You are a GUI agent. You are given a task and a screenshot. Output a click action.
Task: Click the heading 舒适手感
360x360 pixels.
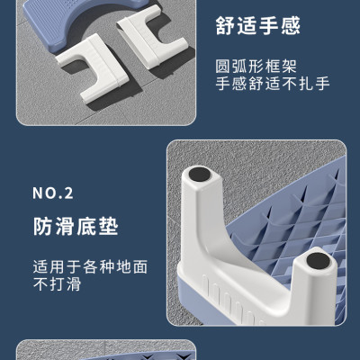pos(258,26)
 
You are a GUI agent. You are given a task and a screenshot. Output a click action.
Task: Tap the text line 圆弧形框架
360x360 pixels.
pos(256,67)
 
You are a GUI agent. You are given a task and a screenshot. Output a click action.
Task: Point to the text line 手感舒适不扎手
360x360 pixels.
pos(273,84)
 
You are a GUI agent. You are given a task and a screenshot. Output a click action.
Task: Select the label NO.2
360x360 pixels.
pos(53,193)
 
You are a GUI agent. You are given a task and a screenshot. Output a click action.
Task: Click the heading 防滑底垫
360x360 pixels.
pos(76,227)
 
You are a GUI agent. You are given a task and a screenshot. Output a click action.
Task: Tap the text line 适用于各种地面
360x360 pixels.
pos(90,266)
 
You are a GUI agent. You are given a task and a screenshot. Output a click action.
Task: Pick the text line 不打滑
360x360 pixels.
pos(57,283)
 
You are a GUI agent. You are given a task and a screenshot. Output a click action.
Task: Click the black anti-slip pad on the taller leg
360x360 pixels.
pos(199,175)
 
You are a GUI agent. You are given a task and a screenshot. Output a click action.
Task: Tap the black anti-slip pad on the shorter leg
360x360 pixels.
pos(318,260)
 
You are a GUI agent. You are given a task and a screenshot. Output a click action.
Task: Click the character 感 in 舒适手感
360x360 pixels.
pos(291,26)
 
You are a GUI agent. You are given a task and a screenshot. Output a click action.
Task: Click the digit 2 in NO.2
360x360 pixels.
pos(68,193)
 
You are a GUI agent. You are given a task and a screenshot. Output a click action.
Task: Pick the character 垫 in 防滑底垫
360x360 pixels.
pos(109,227)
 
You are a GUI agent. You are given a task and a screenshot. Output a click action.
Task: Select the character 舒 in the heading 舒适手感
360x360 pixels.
pos(225,26)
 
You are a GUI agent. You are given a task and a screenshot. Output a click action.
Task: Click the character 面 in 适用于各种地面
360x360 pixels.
pos(140,266)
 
